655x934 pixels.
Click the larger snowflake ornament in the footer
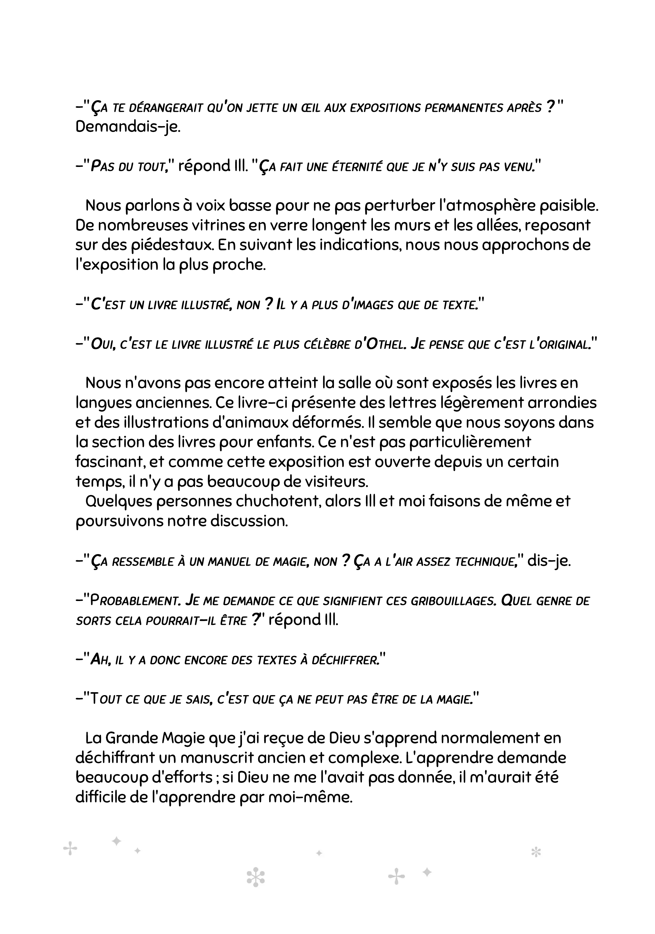[256, 878]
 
